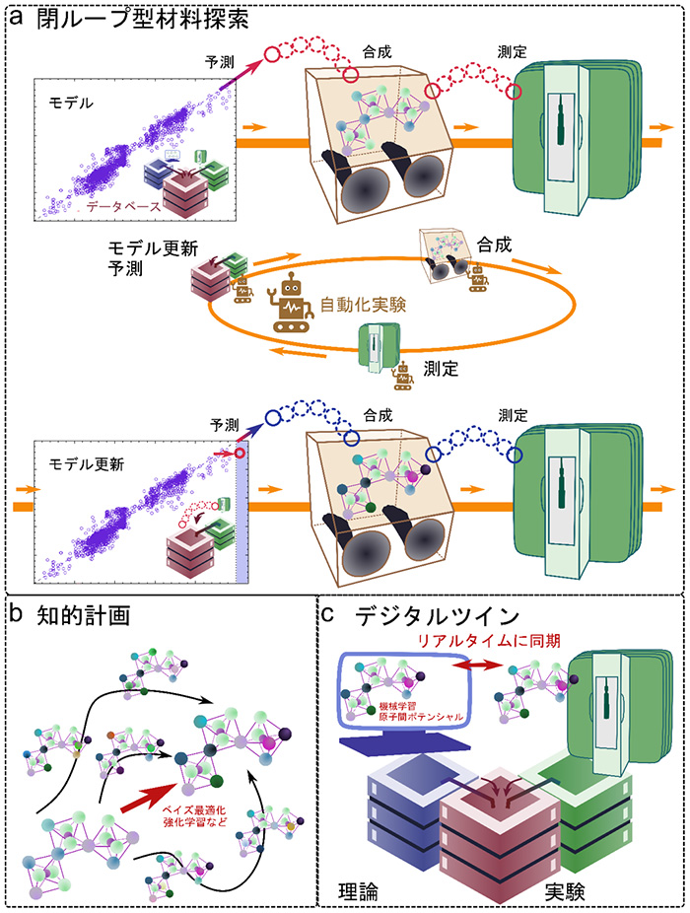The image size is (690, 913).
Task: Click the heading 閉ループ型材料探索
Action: pyautogui.click(x=143, y=19)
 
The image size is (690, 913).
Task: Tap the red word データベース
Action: pyautogui.click(x=123, y=207)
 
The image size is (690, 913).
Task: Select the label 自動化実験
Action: pyautogui.click(x=363, y=305)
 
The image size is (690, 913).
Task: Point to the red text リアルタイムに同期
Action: pyautogui.click(x=489, y=641)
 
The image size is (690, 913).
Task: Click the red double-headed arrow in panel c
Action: pyautogui.click(x=476, y=665)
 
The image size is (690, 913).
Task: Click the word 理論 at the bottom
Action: pyautogui.click(x=358, y=891)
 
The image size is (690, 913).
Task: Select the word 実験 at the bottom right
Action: pyautogui.click(x=565, y=891)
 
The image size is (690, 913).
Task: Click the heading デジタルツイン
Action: pyautogui.click(x=437, y=616)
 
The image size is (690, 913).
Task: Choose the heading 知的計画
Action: pyautogui.click(x=83, y=615)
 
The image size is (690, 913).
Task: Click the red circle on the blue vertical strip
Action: pyautogui.click(x=239, y=453)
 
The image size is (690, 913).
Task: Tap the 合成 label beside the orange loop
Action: pyautogui.click(x=495, y=245)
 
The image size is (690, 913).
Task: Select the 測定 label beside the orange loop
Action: pyautogui.click(x=441, y=369)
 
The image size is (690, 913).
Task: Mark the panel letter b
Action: pyautogui.click(x=17, y=613)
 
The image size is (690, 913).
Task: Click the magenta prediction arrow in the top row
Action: pyautogui.click(x=240, y=75)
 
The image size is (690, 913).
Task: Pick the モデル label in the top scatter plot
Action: pyautogui.click(x=70, y=104)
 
